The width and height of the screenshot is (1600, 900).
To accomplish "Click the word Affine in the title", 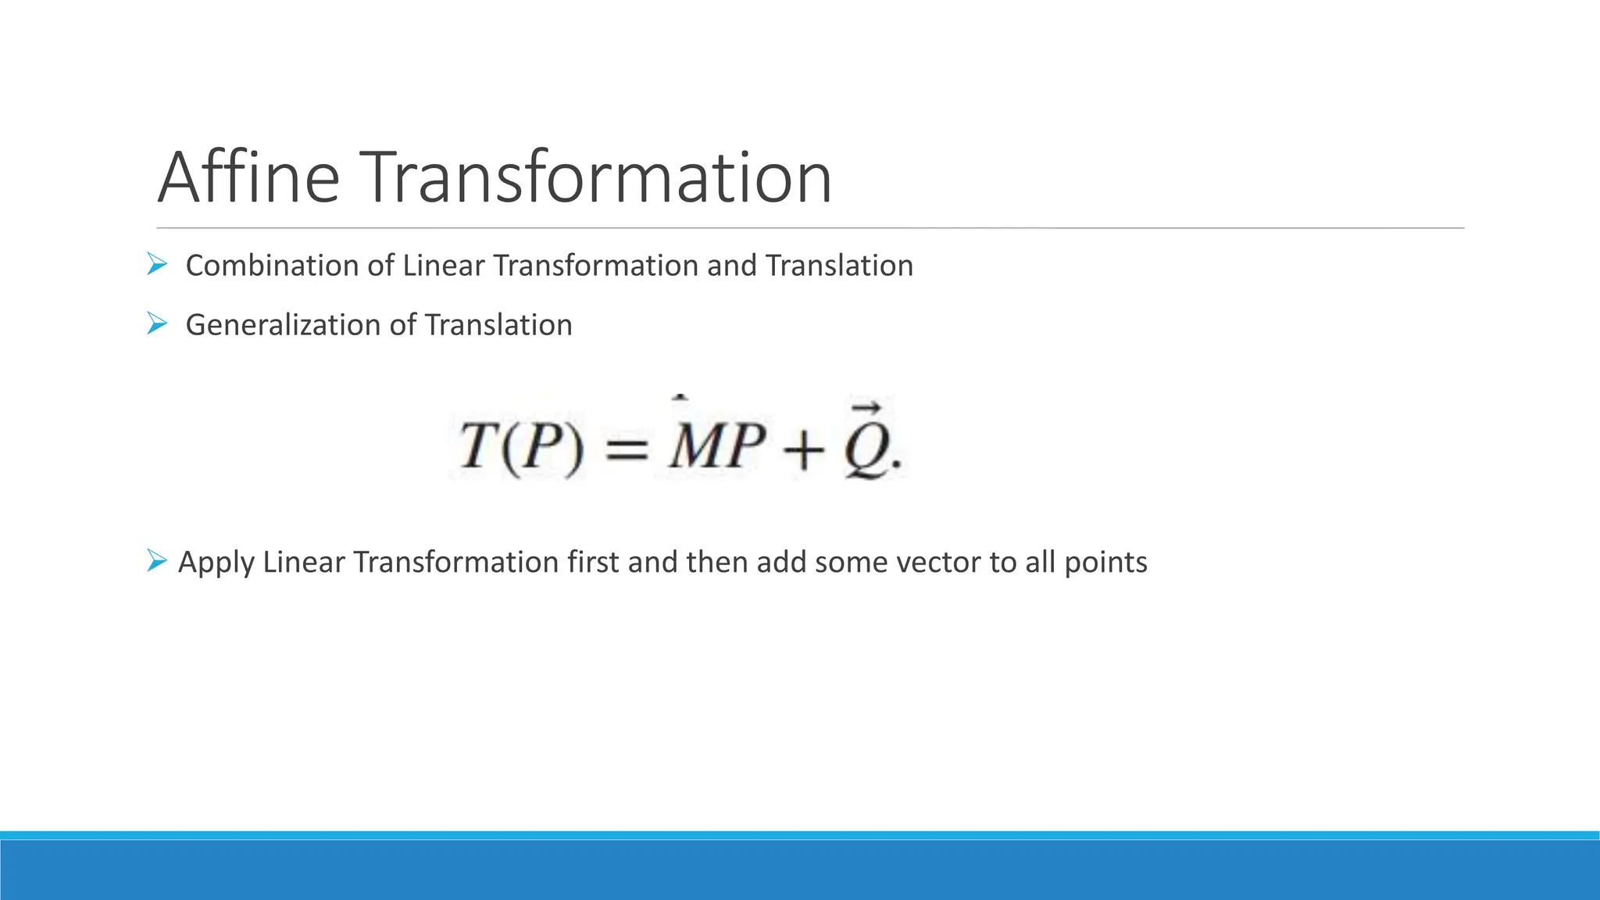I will point(248,177).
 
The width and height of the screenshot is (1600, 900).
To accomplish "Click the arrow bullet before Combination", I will point(157,265).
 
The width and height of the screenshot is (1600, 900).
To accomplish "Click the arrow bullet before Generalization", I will point(157,323).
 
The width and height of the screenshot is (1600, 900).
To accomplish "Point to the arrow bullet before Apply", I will point(157,560).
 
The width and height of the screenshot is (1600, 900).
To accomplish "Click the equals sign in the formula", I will point(627,449).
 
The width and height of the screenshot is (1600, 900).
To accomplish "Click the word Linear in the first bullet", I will point(443,266).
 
